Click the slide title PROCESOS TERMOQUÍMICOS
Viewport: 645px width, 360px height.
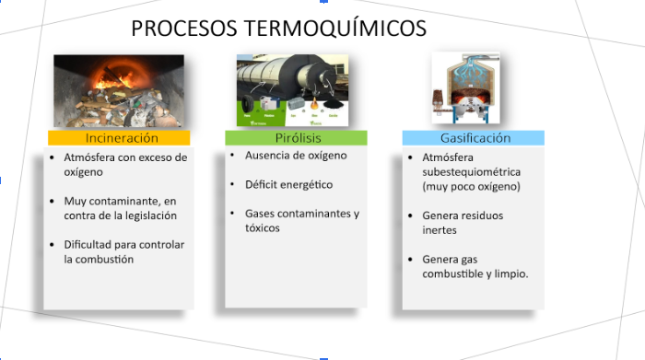278,29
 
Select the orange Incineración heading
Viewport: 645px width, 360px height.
121,137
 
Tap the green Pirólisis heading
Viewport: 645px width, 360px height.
296,137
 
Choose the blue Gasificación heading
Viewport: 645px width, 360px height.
474,137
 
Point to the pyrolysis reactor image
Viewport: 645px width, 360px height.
296,90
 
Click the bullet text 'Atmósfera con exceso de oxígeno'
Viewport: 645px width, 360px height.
124,164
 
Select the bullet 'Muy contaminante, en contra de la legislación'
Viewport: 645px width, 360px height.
120,207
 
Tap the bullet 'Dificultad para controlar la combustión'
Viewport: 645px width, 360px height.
123,251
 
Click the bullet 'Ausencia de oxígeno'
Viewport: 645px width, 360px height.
295,156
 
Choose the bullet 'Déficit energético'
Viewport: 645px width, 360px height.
288,184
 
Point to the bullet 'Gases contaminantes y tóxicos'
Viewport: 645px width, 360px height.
301,220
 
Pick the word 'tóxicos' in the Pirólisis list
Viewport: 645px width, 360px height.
262,227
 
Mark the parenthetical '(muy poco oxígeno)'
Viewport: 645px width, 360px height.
471,186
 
